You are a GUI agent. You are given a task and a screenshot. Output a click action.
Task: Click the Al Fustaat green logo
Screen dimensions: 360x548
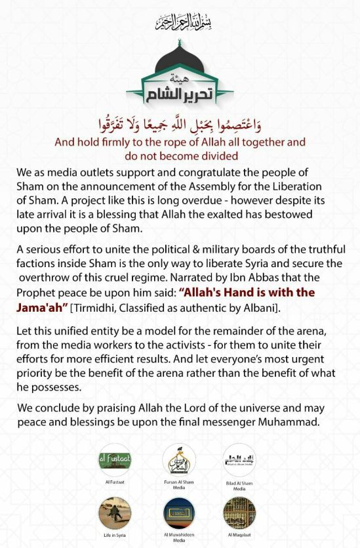(114, 460)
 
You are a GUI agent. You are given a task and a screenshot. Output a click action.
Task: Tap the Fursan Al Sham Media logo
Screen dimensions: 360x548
(179, 460)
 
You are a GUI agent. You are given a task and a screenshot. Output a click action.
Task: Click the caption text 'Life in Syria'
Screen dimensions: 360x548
(114, 536)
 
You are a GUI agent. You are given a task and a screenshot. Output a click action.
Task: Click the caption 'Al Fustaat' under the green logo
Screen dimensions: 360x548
(114, 482)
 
